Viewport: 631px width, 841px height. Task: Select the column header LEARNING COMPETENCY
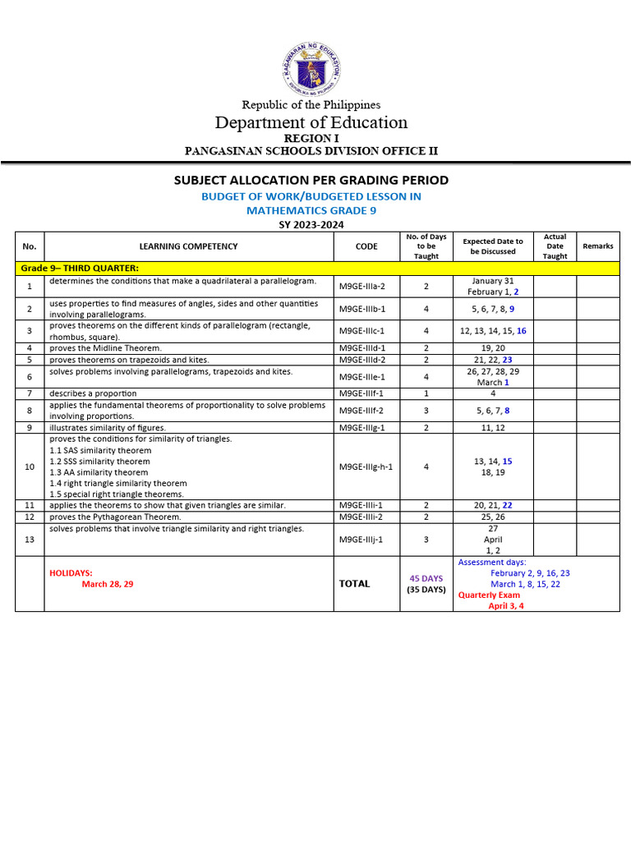[188, 246]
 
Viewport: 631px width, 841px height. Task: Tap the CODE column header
[366, 246]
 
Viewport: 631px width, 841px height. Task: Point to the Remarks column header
[597, 246]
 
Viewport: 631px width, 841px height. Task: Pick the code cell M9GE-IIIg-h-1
[366, 466]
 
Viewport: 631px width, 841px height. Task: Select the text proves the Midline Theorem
[105, 348]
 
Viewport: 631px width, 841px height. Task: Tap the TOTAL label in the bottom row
[355, 584]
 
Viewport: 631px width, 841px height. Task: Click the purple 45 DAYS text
[426, 578]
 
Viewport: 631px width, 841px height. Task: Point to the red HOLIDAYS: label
[71, 572]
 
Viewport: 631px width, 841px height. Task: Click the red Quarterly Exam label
[489, 595]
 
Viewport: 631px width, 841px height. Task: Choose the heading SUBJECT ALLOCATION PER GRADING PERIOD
[311, 180]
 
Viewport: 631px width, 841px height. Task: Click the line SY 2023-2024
[311, 224]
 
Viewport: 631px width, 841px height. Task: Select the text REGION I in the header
[311, 138]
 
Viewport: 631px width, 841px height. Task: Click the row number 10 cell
[30, 466]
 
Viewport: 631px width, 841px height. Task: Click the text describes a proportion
[93, 393]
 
